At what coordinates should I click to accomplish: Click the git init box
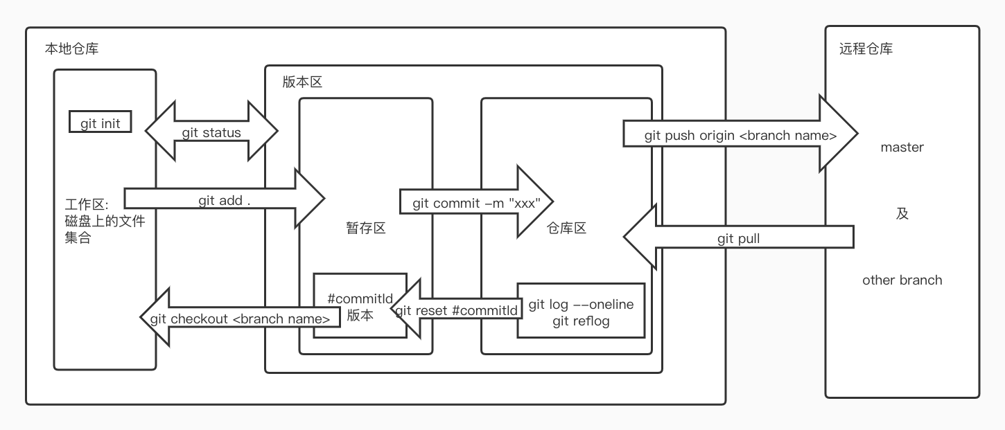pyautogui.click(x=101, y=124)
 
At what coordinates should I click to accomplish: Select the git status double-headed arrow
pyautogui.click(x=211, y=132)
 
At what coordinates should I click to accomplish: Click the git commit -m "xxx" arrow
pyautogui.click(x=475, y=203)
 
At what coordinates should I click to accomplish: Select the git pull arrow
pyautogui.click(x=738, y=239)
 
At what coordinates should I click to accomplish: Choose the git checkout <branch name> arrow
pyautogui.click(x=240, y=319)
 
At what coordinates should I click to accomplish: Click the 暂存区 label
pyautogui.click(x=365, y=228)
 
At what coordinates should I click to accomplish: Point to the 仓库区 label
pyautogui.click(x=566, y=228)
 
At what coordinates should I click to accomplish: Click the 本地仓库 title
pyautogui.click(x=72, y=49)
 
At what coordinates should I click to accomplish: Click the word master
pyautogui.click(x=902, y=147)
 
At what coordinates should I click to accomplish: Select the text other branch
pyautogui.click(x=902, y=280)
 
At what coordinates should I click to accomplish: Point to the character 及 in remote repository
pyautogui.click(x=902, y=214)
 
